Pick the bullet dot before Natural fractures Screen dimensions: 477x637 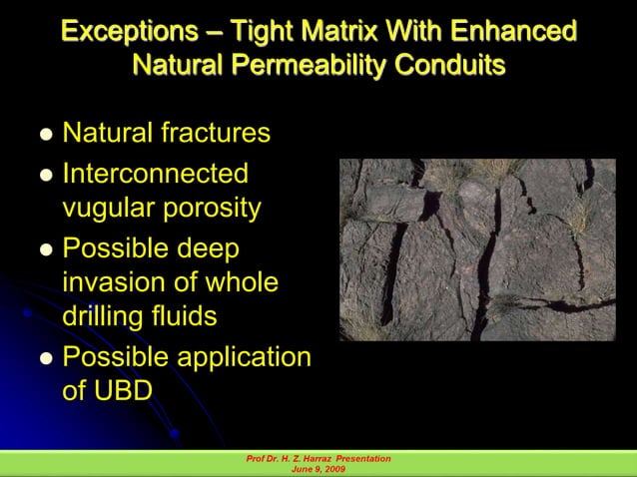coord(45,135)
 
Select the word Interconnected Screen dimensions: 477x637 coord(155,173)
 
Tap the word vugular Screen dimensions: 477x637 coord(110,209)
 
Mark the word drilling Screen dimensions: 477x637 coord(105,318)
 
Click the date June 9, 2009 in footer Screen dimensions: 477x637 coord(317,469)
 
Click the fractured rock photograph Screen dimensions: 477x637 coord(476,250)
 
